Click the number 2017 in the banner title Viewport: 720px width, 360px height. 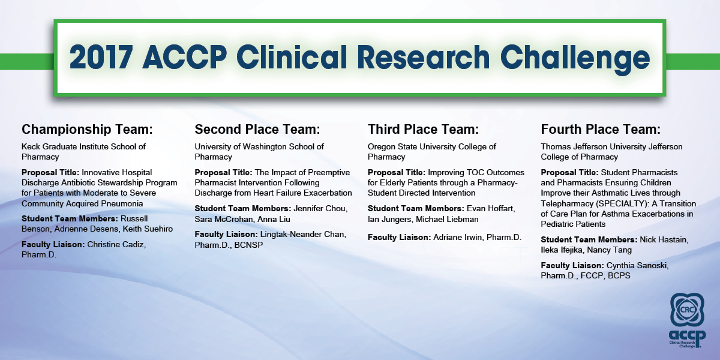pyautogui.click(x=101, y=57)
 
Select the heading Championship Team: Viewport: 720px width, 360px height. pyautogui.click(x=87, y=130)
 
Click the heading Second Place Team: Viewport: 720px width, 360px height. pyautogui.click(x=257, y=129)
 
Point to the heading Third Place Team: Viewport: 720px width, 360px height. pyautogui.click(x=424, y=129)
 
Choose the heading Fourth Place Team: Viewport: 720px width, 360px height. pyautogui.click(x=601, y=129)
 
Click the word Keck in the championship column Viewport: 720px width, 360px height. pyautogui.click(x=31, y=146)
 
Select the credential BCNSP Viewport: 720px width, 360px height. pyautogui.click(x=248, y=245)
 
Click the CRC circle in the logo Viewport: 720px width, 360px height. pyautogui.click(x=687, y=310)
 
